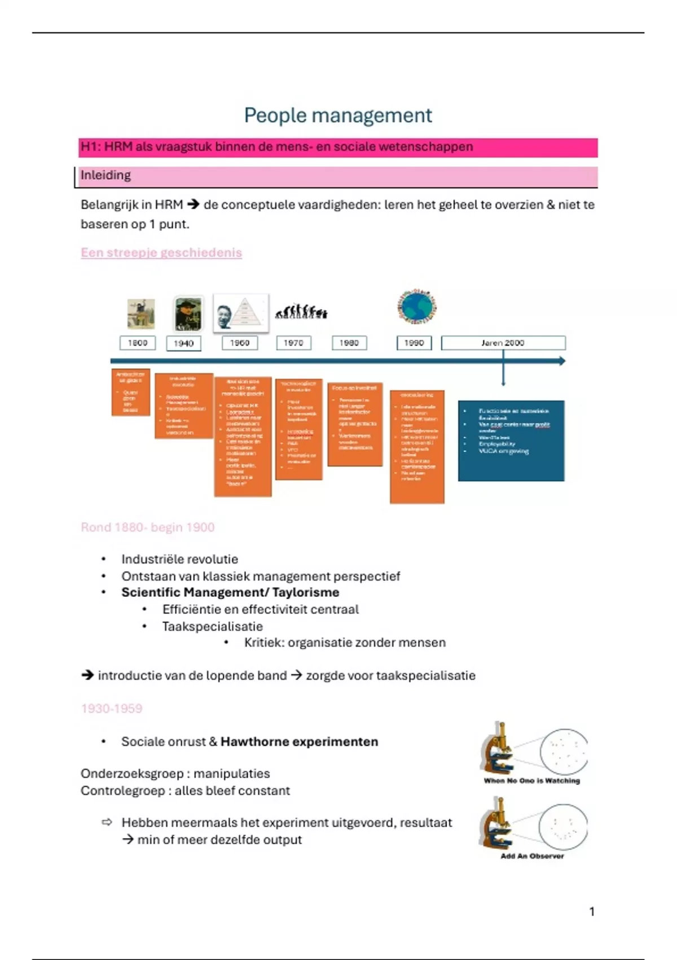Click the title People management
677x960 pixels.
pos(338,115)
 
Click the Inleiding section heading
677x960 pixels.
pos(105,175)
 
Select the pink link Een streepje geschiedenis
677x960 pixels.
pos(161,252)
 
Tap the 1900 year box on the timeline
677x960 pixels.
pos(138,343)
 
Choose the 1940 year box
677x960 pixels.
pos(183,343)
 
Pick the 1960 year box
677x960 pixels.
pos(239,343)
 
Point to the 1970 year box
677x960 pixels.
pos(293,343)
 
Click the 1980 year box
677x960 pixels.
pos(349,343)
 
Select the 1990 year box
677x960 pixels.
pos(414,343)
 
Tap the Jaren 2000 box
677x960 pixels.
pos(503,343)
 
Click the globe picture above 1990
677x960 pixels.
pos(417,307)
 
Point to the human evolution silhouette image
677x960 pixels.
pos(301,311)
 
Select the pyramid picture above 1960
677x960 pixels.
pos(241,312)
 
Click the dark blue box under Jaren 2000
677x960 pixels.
pos(511,440)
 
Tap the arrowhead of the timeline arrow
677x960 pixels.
pos(561,361)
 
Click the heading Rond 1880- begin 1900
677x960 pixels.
pos(148,527)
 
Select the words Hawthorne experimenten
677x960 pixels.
pos(299,741)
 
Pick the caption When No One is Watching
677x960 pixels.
pos(531,781)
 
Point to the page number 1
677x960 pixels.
pos(592,911)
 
